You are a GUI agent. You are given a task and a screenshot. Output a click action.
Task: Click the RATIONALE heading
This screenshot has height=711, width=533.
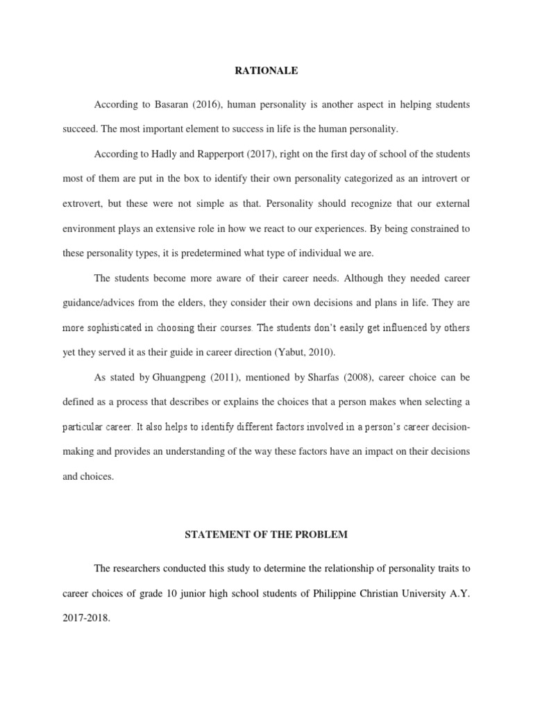point(266,70)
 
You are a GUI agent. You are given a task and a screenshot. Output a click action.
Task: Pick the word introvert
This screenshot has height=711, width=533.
point(436,178)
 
